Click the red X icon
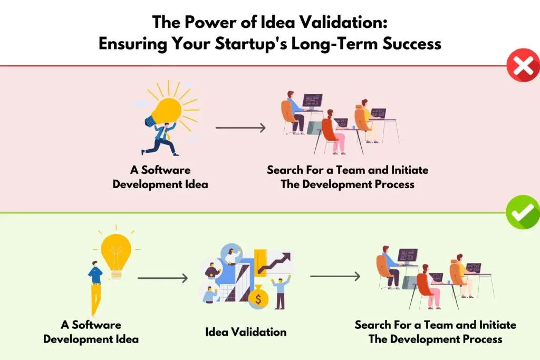coord(524,65)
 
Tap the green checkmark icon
coord(523,212)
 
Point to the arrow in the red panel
coord(240,128)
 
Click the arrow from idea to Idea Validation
coord(163,278)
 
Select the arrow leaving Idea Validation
coord(335,276)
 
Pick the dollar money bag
coord(258,297)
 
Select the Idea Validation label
coord(246,332)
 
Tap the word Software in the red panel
coord(166,170)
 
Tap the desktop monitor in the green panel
coord(408,257)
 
